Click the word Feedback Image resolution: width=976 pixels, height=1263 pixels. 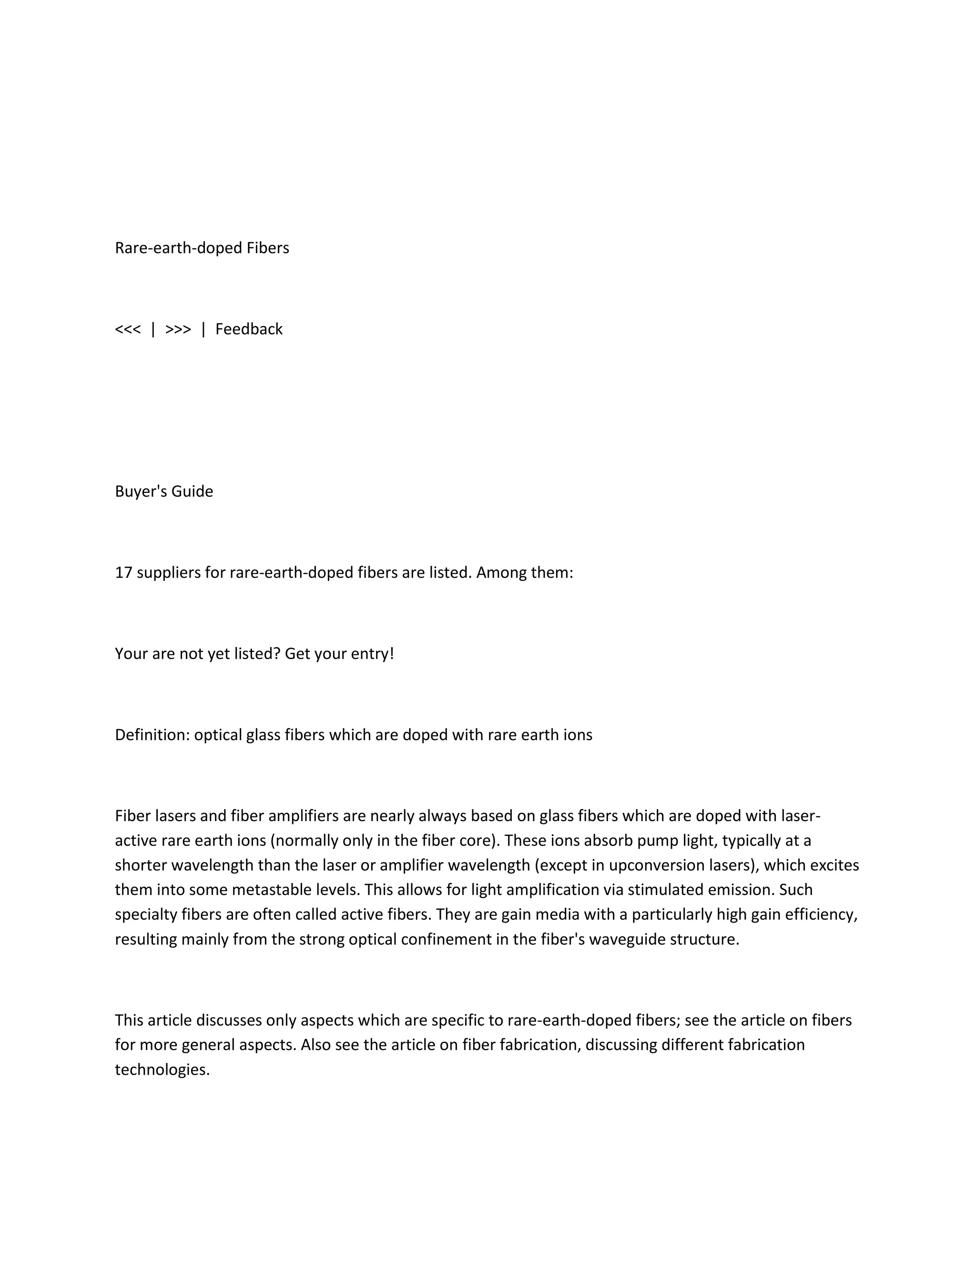click(x=249, y=329)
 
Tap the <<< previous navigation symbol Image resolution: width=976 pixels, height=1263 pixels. click(x=128, y=329)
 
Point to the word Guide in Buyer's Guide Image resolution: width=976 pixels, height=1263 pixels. click(x=192, y=491)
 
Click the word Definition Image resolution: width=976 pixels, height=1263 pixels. click(x=152, y=734)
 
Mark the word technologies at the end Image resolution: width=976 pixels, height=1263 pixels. click(x=162, y=1069)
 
